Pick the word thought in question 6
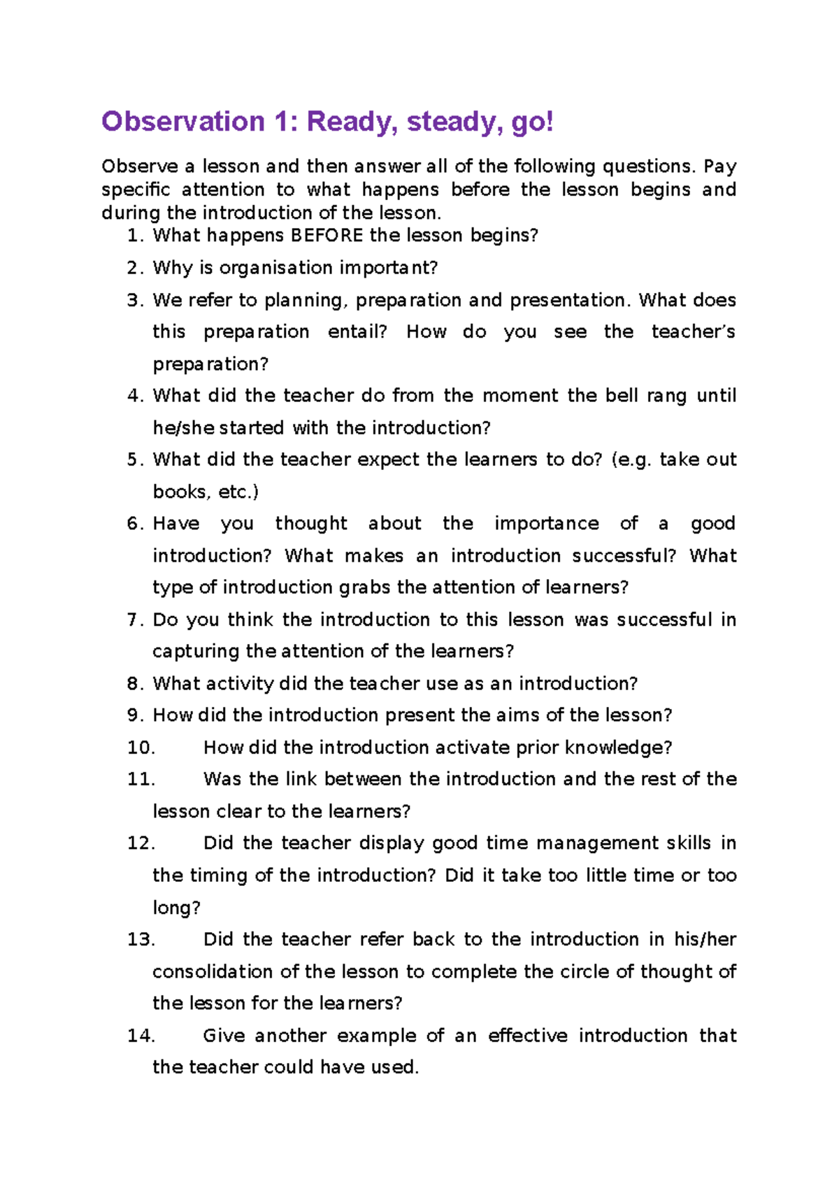(311, 524)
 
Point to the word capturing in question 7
(196, 652)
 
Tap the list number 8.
(135, 684)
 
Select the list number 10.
(141, 748)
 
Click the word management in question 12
(596, 843)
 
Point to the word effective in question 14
(527, 1036)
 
